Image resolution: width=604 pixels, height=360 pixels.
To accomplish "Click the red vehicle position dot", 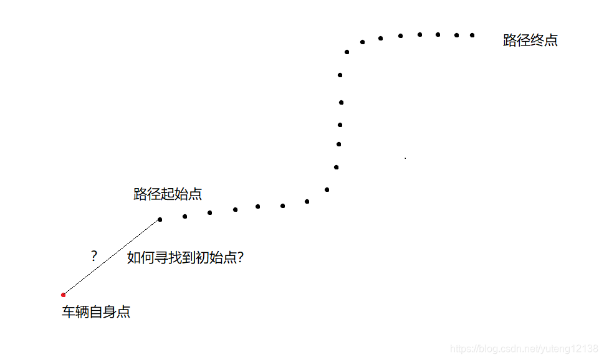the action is click(64, 295).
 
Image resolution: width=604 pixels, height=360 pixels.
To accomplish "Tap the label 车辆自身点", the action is click(96, 312).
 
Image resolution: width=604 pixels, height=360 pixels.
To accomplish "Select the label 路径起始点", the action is click(168, 194).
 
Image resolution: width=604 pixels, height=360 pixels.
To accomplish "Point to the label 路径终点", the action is click(530, 41).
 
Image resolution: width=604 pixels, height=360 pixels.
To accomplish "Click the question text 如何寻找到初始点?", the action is click(185, 257).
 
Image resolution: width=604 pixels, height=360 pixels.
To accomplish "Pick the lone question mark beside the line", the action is click(93, 255).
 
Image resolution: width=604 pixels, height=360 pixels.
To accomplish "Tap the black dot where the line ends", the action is click(160, 219).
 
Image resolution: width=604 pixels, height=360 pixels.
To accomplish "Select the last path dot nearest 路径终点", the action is click(472, 35).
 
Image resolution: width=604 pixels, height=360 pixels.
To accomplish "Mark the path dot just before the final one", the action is click(456, 35).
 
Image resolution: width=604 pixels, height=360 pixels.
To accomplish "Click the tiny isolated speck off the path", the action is click(405, 158).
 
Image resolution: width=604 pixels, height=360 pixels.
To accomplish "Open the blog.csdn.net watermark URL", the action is click(524, 349).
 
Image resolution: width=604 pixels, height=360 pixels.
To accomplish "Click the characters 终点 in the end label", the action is click(544, 41).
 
